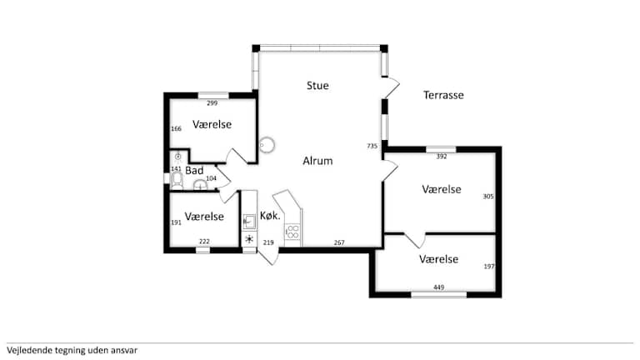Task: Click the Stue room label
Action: (x=317, y=86)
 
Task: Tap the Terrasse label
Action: (x=443, y=95)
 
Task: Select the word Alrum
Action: (x=317, y=161)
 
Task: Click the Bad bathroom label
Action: (x=194, y=171)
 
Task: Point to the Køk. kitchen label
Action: (x=270, y=216)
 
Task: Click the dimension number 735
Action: (x=372, y=146)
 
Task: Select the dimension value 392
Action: (x=442, y=157)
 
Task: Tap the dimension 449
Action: (x=439, y=287)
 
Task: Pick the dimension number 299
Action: (x=212, y=103)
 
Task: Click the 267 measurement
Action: (x=339, y=242)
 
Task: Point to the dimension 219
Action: (x=268, y=242)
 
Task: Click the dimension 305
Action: (x=488, y=197)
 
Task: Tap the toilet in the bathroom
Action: (x=177, y=181)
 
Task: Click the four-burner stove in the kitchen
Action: (x=292, y=232)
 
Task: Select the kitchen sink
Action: (x=249, y=222)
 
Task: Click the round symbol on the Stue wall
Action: (x=267, y=145)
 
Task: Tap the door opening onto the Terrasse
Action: (x=391, y=87)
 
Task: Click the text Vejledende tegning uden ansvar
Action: (x=72, y=350)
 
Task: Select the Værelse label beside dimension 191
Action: (x=204, y=217)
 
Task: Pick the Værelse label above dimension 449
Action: (x=439, y=259)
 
